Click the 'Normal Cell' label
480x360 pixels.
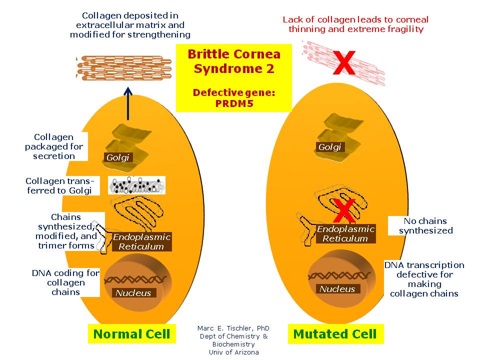coord(132,334)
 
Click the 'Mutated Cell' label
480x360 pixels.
coord(335,334)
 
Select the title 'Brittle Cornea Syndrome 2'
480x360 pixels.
coord(233,61)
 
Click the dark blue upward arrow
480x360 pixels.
coord(128,103)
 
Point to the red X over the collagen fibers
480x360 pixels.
coord(344,63)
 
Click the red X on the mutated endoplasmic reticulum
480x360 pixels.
coord(344,210)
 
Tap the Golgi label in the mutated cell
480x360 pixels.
coord(330,147)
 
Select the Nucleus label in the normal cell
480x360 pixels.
coord(133,293)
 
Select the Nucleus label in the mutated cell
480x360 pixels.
coord(337,289)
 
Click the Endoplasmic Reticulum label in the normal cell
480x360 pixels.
coord(141,241)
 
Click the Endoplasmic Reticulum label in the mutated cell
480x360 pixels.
coord(345,233)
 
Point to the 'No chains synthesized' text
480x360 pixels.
coord(425,225)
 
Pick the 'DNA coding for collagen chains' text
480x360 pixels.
coord(65,282)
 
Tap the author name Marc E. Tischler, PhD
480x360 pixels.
coord(233,328)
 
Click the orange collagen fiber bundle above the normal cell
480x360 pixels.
coord(119,68)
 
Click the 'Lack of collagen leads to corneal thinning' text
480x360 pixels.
coord(355,24)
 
